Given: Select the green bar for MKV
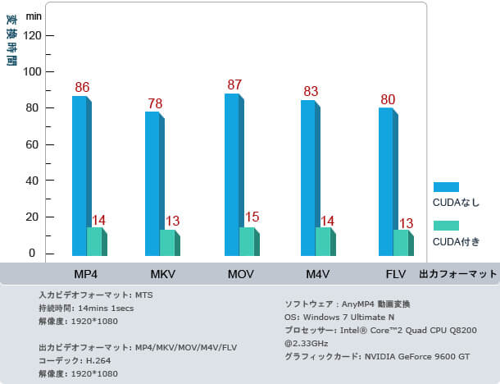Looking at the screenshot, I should [x=167, y=243].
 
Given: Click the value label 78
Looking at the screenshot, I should [x=155, y=103].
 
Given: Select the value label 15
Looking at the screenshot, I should [x=252, y=217].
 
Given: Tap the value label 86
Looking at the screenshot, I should [x=82, y=87].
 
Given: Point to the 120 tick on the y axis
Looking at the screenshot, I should [x=34, y=36].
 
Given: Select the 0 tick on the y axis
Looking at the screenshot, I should [x=34, y=253].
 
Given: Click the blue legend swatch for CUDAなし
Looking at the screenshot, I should [x=446, y=187].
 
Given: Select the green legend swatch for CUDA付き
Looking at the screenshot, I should [x=446, y=226].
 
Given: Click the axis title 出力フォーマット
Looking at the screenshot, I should [x=458, y=274].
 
